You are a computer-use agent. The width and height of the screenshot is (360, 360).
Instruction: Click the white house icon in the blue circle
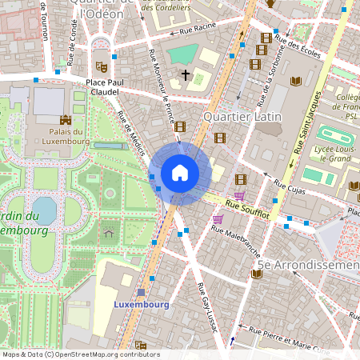180,173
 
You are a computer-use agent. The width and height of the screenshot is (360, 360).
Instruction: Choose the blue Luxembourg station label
141,305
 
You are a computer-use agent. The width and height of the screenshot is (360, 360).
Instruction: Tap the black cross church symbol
186,75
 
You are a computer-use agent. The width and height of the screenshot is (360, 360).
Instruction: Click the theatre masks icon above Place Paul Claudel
101,67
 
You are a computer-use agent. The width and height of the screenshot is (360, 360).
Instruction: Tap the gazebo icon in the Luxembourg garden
109,234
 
